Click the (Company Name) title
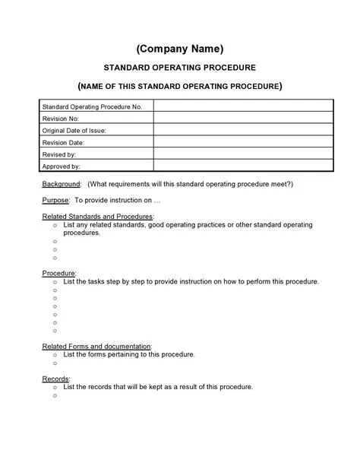(180, 49)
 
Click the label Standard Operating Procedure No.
(92, 107)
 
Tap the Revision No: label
(60, 119)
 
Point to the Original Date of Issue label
(74, 130)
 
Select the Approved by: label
(61, 165)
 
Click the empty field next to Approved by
(243, 165)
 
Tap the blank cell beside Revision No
(243, 119)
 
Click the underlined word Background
(61, 184)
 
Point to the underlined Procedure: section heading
(58, 273)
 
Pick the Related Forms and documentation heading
(96, 346)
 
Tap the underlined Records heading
(55, 378)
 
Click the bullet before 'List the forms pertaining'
(55, 355)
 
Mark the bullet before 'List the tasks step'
(55, 282)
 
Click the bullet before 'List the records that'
(55, 387)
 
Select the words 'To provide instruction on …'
(118, 201)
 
